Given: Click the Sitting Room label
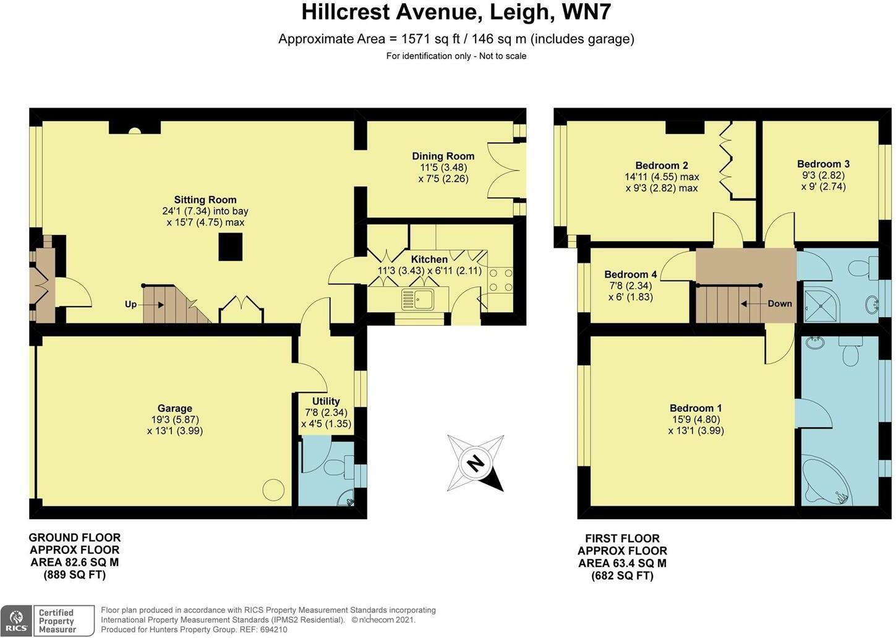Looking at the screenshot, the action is click(205, 200).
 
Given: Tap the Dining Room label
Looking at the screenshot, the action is click(443, 156).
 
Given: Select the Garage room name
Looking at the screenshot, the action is click(175, 408).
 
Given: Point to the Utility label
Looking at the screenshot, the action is click(326, 401).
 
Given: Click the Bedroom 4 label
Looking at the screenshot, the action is click(630, 274).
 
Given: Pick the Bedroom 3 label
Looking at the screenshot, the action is click(823, 164).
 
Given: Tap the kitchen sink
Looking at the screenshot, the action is click(417, 299).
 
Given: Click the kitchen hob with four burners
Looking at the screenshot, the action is click(501, 280).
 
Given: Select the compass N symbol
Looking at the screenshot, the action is click(476, 464).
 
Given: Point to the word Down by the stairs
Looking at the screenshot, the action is click(780, 304).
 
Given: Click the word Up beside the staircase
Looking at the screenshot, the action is click(131, 305).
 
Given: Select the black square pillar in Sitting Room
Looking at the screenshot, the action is click(231, 247).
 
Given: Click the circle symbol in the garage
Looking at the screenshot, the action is click(273, 490).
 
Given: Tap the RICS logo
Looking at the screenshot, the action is click(17, 621).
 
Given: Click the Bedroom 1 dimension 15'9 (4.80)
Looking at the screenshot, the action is click(696, 419).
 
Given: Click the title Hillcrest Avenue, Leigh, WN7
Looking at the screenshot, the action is click(456, 12).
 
